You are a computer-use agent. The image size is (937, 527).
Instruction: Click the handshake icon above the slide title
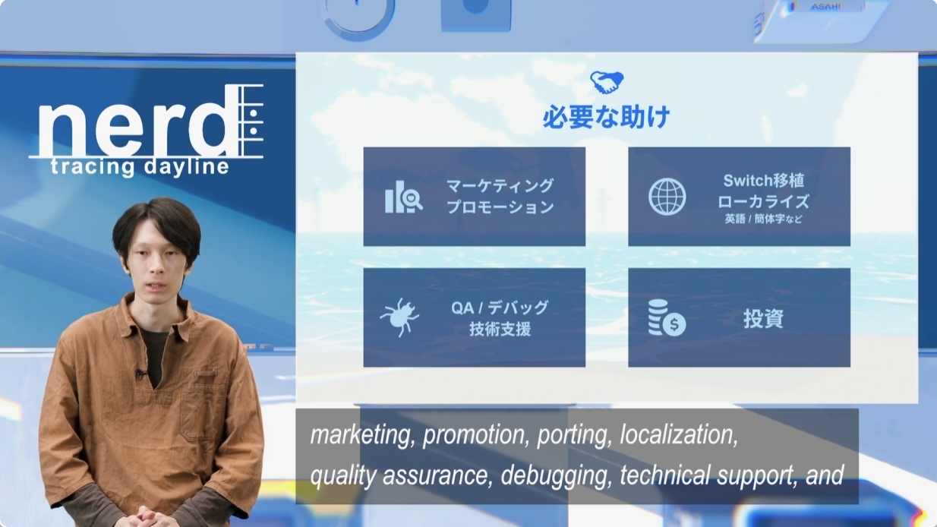coord(607,82)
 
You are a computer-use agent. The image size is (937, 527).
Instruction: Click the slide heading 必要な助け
coord(607,117)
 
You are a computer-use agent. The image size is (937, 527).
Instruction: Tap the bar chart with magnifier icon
coord(404,197)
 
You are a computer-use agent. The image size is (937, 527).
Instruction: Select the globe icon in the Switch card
coord(667,197)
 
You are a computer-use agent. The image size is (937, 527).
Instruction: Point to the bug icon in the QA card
coord(399,317)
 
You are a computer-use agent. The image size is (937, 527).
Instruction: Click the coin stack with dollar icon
coord(667,318)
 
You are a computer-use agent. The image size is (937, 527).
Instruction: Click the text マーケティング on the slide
coord(500,186)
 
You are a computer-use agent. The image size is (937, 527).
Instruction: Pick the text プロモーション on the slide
coord(500,207)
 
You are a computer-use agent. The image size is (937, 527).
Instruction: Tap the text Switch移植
coord(763,181)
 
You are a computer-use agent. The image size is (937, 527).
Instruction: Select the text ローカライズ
coord(763,201)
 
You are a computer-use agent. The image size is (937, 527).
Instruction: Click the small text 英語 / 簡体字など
coord(763,219)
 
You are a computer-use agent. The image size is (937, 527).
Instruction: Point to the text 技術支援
coord(500,329)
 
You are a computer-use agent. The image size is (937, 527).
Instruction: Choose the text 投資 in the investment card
coord(763,319)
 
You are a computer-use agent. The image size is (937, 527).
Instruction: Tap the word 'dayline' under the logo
coord(186,167)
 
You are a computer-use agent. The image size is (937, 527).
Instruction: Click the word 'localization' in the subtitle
coord(679,435)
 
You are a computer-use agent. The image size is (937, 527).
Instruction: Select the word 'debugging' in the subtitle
coord(557,476)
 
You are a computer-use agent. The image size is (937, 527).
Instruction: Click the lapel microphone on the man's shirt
coord(141,373)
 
